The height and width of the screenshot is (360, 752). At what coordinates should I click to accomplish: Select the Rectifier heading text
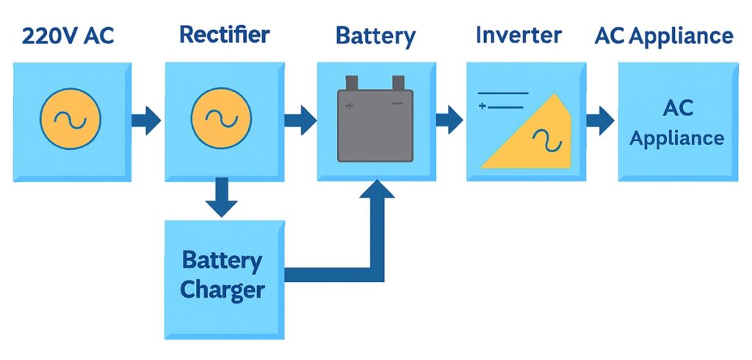tap(225, 35)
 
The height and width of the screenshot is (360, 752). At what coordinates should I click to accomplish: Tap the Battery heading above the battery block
tap(375, 37)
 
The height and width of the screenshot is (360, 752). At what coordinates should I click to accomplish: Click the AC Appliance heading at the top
tap(664, 36)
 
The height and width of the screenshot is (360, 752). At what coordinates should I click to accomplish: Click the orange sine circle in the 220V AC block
tap(71, 120)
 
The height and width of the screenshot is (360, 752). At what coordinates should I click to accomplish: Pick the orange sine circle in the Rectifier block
tap(221, 120)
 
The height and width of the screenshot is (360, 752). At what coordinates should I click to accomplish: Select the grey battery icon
tap(375, 125)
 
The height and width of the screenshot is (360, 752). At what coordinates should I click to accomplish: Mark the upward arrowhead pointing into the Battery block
tap(375, 192)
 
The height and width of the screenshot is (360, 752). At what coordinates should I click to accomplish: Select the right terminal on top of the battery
tap(398, 82)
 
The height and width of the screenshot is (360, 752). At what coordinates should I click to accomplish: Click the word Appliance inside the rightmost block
tap(677, 138)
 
